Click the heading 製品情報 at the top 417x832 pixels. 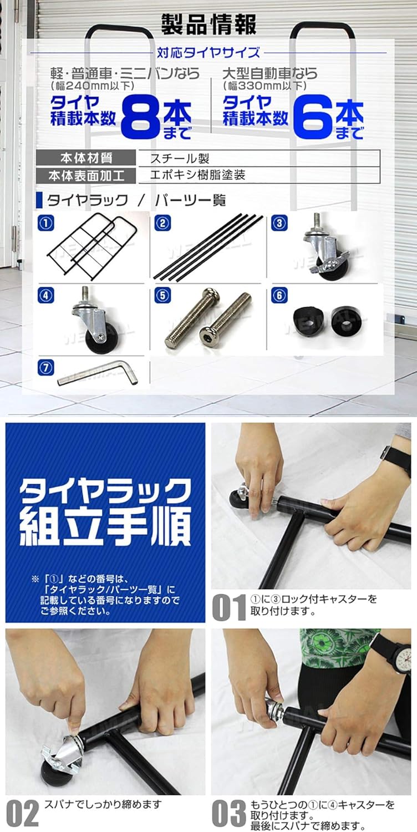tap(208, 24)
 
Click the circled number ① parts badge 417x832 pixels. tap(45, 224)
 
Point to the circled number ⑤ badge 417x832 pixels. tap(162, 296)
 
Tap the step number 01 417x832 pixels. tap(228, 608)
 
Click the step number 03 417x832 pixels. tap(228, 813)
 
